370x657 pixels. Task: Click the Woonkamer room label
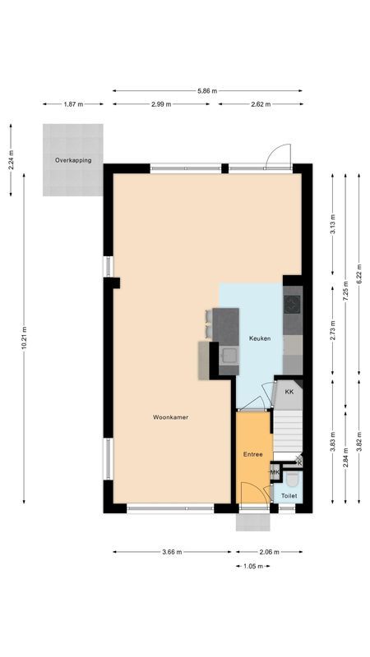point(170,417)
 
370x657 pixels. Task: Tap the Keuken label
point(260,338)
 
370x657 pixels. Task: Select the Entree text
point(252,453)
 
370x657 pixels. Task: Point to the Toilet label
point(289,496)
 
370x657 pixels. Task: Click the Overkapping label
point(73,160)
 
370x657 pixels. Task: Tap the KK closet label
point(289,392)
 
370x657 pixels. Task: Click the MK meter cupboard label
point(275,472)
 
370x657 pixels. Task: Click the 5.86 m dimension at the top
point(207,91)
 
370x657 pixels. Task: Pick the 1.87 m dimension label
point(73,104)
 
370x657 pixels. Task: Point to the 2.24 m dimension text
point(11,159)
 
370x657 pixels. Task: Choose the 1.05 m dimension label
point(252,566)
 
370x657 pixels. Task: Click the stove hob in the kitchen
point(293,304)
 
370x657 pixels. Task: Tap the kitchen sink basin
point(229,356)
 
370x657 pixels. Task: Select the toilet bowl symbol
point(290,478)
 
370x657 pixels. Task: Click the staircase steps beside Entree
point(288,427)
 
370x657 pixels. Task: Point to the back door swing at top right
point(280,155)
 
